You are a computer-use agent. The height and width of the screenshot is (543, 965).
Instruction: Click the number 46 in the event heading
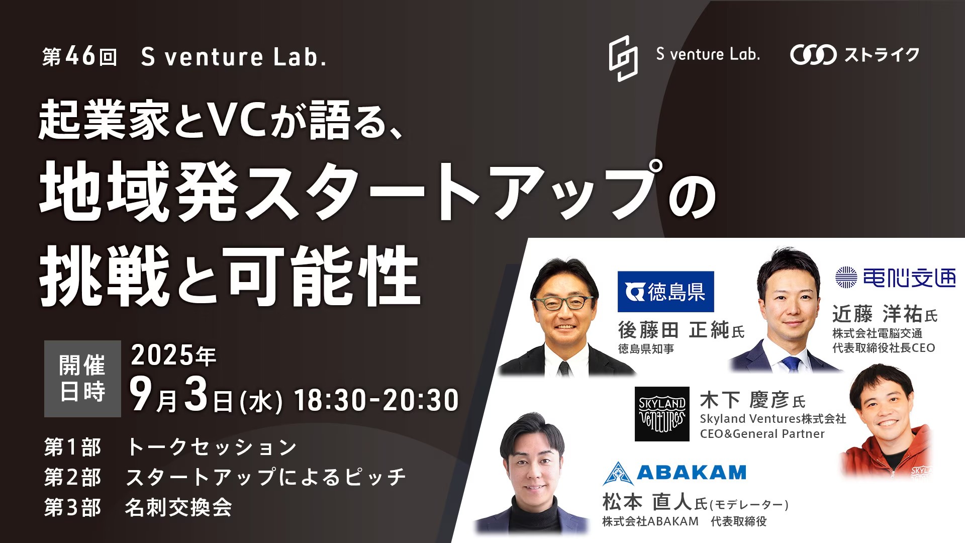point(80,57)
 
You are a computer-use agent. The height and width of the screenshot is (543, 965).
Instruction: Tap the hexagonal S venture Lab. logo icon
point(623,58)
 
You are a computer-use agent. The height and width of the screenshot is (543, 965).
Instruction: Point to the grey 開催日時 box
point(82,379)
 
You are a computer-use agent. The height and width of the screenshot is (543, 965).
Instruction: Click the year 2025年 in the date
point(173,355)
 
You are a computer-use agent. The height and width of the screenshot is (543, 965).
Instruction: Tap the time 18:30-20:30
point(376,400)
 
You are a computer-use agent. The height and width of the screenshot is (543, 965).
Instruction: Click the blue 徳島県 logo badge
point(665,292)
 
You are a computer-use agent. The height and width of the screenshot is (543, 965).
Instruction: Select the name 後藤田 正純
point(673,330)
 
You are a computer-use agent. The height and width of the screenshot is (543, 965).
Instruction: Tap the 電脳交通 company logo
point(895,278)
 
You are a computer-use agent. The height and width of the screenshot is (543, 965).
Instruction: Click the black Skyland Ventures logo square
point(662,414)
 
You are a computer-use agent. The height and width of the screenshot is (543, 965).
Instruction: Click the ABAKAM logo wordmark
point(691,473)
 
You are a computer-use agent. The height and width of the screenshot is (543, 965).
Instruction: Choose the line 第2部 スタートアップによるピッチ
point(225,477)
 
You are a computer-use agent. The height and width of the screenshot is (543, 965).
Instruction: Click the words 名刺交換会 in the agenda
point(178,508)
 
